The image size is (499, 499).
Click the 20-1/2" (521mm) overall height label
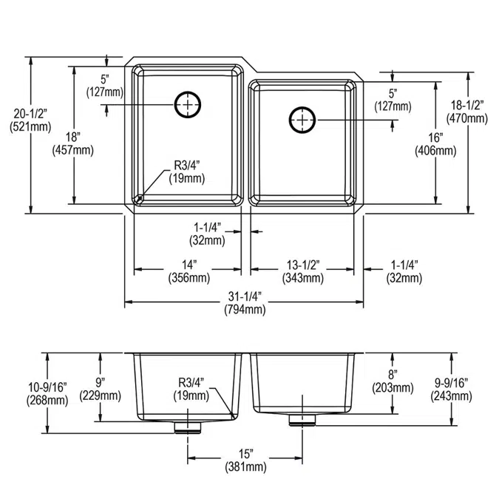[30, 120]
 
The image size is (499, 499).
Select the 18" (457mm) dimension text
[73, 144]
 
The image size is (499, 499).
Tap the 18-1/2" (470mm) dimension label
[467, 112]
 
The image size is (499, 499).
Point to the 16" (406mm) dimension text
[435, 144]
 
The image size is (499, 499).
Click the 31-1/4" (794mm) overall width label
[245, 303]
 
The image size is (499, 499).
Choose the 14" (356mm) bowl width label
[189, 271]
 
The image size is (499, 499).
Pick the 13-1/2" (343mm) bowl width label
[303, 271]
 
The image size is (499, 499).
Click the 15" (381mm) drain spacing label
[245, 460]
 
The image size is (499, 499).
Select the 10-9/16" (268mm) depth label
[47, 394]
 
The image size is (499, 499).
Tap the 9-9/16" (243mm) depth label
[451, 389]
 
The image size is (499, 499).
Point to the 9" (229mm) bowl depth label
[101, 389]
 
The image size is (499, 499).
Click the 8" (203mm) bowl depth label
[393, 381]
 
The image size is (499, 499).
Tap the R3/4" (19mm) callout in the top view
[187, 172]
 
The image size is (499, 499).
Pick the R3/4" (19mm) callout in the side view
[191, 389]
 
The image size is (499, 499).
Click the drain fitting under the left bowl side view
[188, 427]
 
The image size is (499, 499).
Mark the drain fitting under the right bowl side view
[302, 420]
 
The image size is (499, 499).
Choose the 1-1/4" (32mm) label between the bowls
[207, 234]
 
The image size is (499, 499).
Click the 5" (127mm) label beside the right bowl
[393, 100]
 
